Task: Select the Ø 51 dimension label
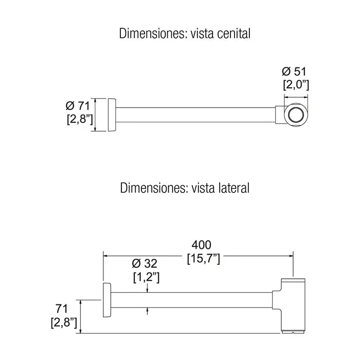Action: [294, 71]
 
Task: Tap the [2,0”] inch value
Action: [296, 85]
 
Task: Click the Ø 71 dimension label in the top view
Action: [78, 106]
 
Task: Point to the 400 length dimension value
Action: [202, 245]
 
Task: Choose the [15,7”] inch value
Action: [204, 259]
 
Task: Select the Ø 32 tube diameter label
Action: [145, 263]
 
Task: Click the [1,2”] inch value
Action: [146, 277]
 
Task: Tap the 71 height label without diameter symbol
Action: [62, 309]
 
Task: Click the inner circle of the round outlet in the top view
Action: [296, 115]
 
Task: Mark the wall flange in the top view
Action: [112, 115]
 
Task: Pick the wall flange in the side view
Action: [107, 300]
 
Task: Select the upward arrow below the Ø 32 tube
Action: [147, 311]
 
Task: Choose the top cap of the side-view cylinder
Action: [294, 280]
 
